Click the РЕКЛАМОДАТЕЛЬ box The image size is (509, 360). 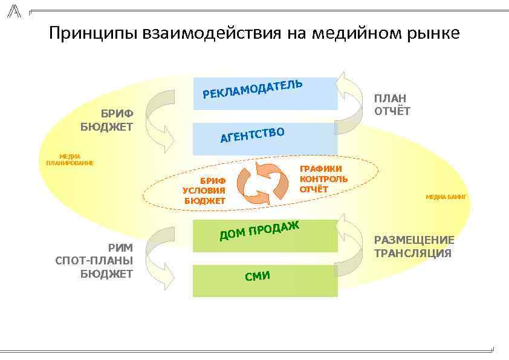(x=265, y=94)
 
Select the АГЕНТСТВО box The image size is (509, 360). (x=265, y=139)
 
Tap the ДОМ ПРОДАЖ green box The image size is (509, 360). (x=265, y=236)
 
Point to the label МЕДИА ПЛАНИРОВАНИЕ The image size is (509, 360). (x=70, y=160)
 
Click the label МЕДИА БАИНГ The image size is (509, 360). (x=446, y=197)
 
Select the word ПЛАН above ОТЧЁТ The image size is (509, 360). (x=390, y=98)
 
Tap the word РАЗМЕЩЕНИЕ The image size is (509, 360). (x=414, y=240)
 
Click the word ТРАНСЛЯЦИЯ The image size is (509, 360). (x=413, y=253)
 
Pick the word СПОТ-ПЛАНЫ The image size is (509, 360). (x=94, y=261)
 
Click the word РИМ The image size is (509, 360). (x=120, y=247)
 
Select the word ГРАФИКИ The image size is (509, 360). (x=321, y=169)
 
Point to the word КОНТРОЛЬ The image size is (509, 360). (x=323, y=179)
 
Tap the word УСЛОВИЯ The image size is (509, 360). (x=204, y=191)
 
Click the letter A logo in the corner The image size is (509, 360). (x=14, y=10)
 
